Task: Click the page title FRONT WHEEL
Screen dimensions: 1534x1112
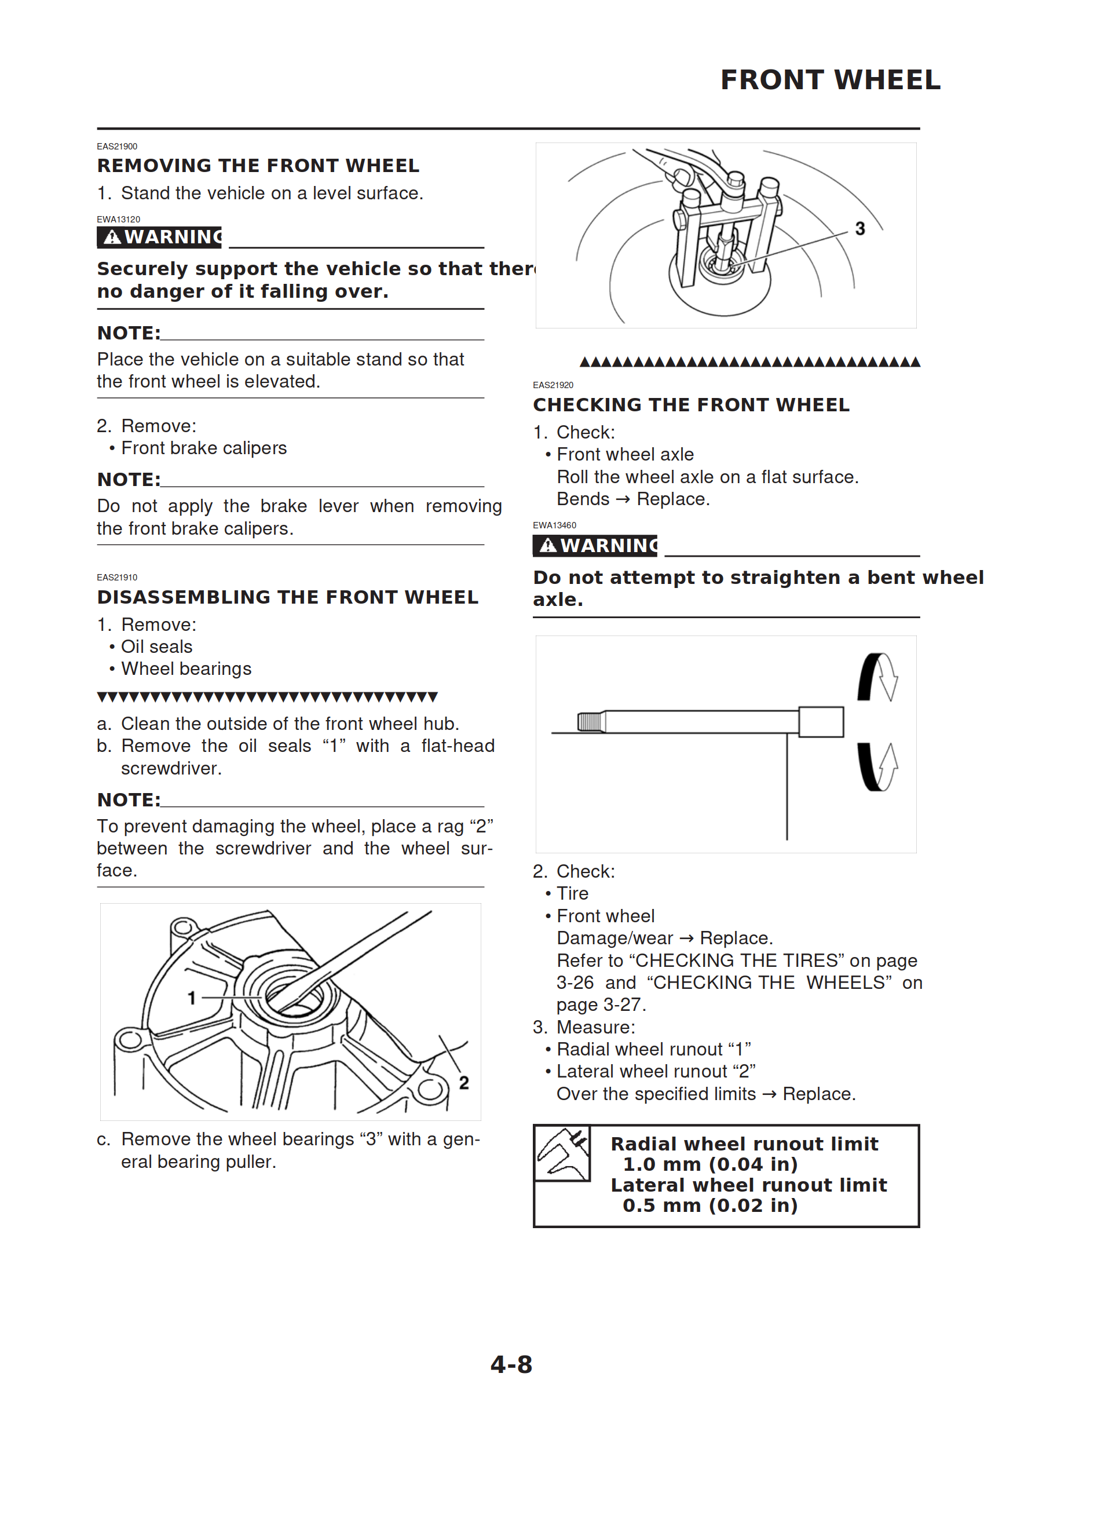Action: pos(830,80)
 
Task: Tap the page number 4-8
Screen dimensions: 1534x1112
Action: pos(511,1364)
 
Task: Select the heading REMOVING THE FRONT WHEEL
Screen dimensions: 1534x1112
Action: pos(258,166)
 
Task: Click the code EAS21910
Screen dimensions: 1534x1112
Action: pos(117,578)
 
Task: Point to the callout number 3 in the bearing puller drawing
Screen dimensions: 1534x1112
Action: pos(859,229)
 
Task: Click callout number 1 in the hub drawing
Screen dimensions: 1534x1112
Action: pos(192,998)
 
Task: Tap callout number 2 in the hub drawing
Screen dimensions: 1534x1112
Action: pos(463,1083)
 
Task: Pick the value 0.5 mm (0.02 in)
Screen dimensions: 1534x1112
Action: pos(709,1206)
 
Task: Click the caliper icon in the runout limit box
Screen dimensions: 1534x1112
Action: pos(562,1153)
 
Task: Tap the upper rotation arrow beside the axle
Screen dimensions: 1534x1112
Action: pos(878,677)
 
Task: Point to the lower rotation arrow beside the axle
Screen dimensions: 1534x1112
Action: pos(878,767)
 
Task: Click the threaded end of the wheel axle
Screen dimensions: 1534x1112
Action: pos(591,722)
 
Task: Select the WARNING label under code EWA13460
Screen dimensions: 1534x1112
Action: pos(595,545)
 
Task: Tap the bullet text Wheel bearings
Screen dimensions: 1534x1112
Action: pos(186,669)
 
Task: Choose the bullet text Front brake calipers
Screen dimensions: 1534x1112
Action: pos(204,448)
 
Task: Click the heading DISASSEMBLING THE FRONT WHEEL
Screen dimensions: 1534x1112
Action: pos(287,597)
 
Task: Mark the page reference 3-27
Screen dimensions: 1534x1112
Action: pos(623,1005)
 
